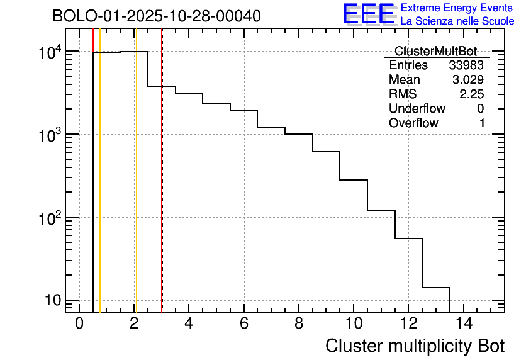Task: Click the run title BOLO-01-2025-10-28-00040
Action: coord(157,16)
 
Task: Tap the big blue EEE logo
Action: coord(369,14)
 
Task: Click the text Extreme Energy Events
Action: coord(457,8)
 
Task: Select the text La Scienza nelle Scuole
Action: coord(457,21)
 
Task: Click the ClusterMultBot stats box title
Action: coord(435,51)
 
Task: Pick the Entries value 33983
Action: coord(466,65)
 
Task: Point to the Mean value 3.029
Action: coord(467,80)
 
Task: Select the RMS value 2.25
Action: coord(471,94)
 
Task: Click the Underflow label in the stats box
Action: coord(417,109)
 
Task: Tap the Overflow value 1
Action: coord(481,123)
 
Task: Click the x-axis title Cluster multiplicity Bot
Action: coord(415,346)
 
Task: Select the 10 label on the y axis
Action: coord(52,300)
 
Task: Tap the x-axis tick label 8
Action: coord(299,324)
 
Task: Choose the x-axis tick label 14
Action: coord(464,324)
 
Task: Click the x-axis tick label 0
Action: coord(79,324)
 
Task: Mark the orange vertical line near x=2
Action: coord(135,189)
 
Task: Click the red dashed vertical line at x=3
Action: coord(162,189)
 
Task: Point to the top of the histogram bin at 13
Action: coord(436,288)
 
